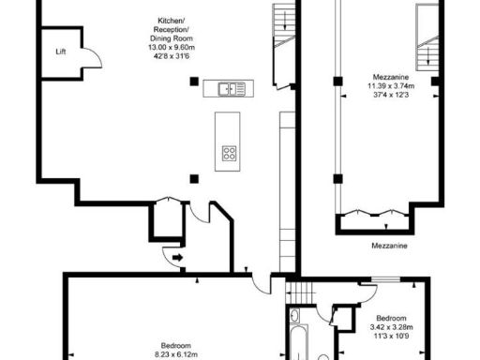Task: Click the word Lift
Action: [61, 52]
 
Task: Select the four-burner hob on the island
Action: [228, 153]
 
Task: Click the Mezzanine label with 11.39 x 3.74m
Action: [385, 77]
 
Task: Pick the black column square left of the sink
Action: [194, 82]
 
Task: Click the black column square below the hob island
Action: [194, 178]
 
